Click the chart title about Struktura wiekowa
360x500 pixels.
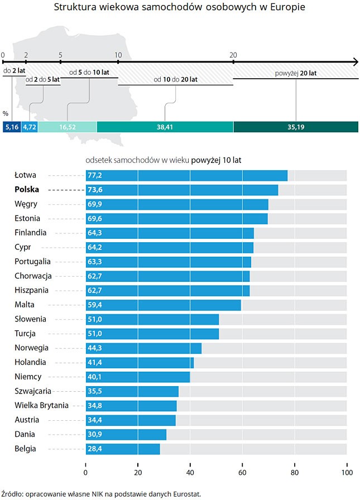click(x=179, y=8)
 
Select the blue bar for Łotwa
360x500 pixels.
click(x=186, y=175)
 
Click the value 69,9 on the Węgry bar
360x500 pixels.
click(x=95, y=204)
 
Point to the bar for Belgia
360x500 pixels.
click(x=123, y=449)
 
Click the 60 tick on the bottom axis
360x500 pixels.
click(x=242, y=473)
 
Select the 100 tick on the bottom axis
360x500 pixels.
click(x=346, y=473)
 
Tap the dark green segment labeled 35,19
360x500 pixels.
click(x=295, y=127)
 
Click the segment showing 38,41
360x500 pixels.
click(x=165, y=127)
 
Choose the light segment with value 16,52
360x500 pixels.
click(x=68, y=127)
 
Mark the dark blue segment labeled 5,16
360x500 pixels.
click(x=12, y=127)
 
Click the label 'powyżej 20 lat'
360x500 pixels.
click(x=296, y=73)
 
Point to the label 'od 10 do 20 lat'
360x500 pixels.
click(x=175, y=79)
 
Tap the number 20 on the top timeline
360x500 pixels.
click(x=233, y=55)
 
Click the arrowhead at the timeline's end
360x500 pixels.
click(x=354, y=61)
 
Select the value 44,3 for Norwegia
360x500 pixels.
click(x=95, y=348)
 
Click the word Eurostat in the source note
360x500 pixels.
click(x=185, y=493)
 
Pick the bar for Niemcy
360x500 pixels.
click(x=137, y=377)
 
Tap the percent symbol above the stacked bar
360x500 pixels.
click(x=5, y=114)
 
